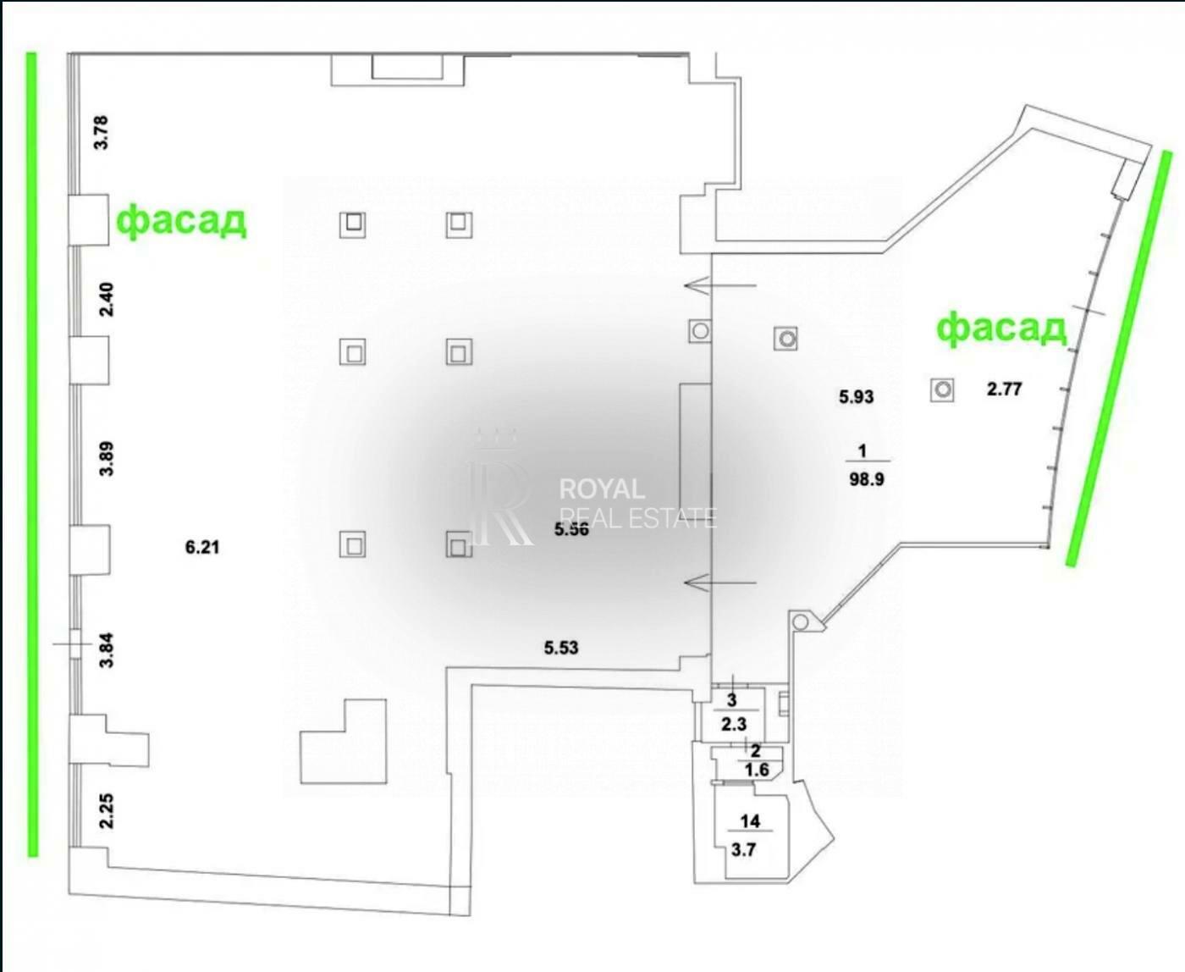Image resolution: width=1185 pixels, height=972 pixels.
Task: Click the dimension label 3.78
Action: pyautogui.click(x=102, y=132)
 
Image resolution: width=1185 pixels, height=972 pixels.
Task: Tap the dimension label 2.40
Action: pyautogui.click(x=106, y=300)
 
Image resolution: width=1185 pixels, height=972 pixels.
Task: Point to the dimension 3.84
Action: pyautogui.click(x=106, y=650)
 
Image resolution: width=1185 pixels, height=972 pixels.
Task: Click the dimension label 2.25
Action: pyautogui.click(x=106, y=810)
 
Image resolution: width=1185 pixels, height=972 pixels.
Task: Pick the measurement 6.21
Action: pyautogui.click(x=202, y=548)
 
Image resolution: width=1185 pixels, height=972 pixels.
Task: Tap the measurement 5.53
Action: pyautogui.click(x=561, y=649)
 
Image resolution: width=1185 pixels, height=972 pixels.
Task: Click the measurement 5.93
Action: pyautogui.click(x=856, y=396)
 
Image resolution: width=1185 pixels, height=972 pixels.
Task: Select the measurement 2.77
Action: pyautogui.click(x=1005, y=389)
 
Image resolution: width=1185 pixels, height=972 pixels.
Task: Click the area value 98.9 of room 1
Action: pyautogui.click(x=866, y=479)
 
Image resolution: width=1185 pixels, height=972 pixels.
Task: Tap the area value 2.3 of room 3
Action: pyautogui.click(x=733, y=724)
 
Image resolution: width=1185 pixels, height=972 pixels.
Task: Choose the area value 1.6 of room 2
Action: pyautogui.click(x=758, y=770)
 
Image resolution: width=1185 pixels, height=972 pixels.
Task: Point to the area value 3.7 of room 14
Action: pyautogui.click(x=743, y=850)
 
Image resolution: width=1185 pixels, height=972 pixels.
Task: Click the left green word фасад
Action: pyautogui.click(x=181, y=220)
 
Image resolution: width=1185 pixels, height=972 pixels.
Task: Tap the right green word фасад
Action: pyautogui.click(x=1001, y=327)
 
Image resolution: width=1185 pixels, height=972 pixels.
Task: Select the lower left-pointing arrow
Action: pyautogui.click(x=719, y=582)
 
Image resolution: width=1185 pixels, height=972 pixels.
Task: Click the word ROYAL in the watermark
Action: pyautogui.click(x=602, y=489)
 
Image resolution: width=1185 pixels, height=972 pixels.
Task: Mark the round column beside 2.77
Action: pyautogui.click(x=943, y=389)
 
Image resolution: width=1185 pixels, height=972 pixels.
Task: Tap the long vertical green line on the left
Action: pyautogui.click(x=32, y=453)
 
